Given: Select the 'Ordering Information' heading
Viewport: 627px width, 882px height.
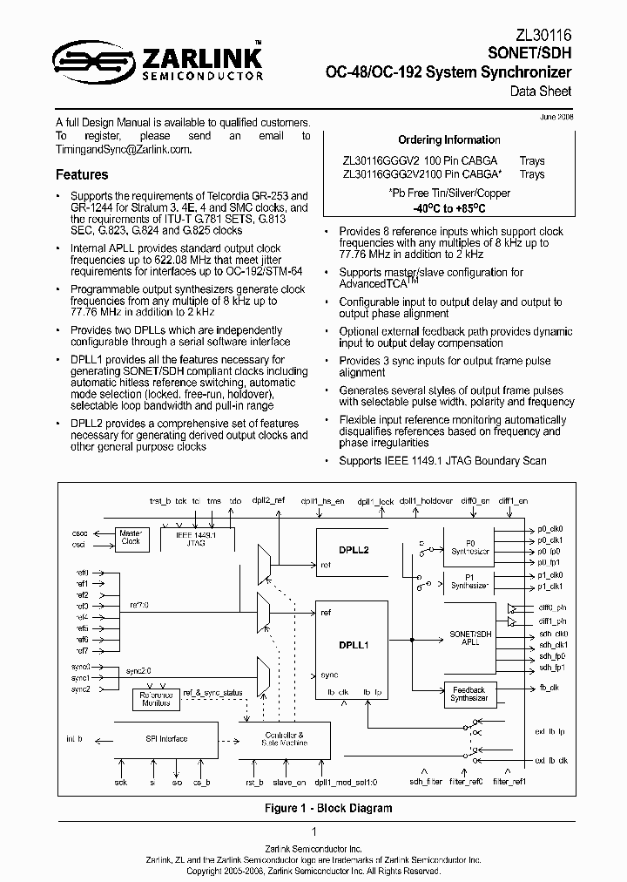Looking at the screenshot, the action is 448,139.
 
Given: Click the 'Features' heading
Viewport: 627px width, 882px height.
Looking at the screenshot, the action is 82,175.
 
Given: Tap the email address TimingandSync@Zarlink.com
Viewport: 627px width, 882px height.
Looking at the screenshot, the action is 123,150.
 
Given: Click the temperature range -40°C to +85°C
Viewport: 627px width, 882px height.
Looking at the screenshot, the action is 448,210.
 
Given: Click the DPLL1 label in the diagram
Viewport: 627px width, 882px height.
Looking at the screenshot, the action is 353,646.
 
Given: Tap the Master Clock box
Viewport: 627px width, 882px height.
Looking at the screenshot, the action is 131,537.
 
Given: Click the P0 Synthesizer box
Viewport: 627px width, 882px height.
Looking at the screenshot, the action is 469,546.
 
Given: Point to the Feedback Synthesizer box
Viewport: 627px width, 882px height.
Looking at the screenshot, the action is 469,694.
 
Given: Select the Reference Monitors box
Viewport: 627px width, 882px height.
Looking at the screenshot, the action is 157,698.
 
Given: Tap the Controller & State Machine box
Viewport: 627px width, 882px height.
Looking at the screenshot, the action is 284,739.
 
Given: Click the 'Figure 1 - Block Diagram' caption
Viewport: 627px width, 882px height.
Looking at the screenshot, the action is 327,808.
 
